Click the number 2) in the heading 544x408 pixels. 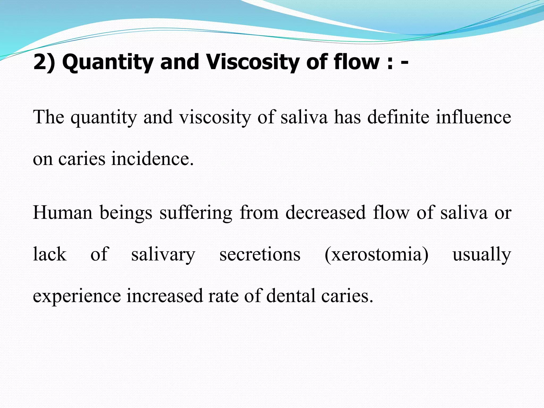pos(44,62)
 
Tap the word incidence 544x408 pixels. pos(152,159)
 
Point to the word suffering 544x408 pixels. pos(196,213)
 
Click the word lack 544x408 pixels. pos(50,254)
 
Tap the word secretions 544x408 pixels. pos(260,254)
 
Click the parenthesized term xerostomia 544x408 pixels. pos(376,254)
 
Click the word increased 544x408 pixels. pos(165,295)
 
